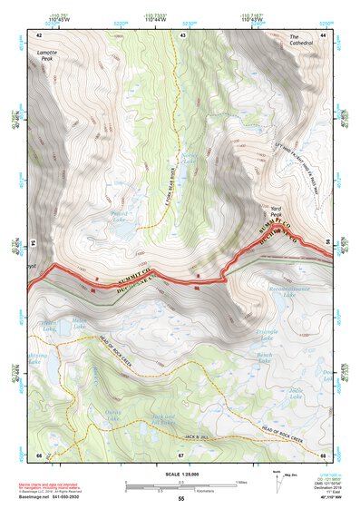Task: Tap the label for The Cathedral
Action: pyautogui.click(x=301, y=40)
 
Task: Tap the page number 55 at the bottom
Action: pyautogui.click(x=180, y=499)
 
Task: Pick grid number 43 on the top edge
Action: pyautogui.click(x=183, y=34)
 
